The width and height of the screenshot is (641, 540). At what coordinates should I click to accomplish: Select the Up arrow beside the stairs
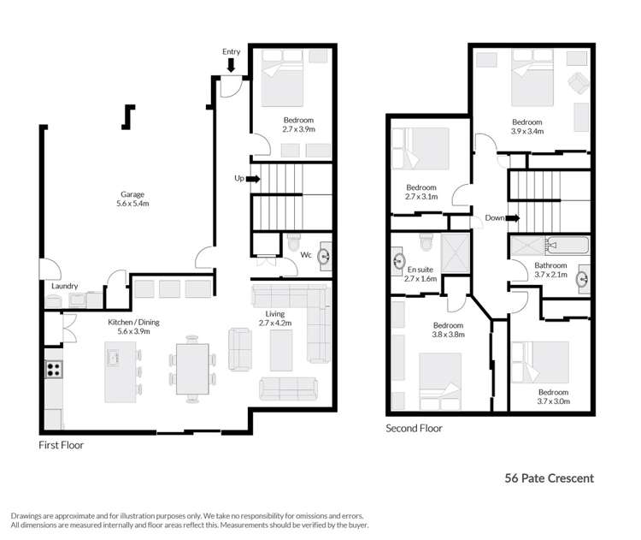point(252,179)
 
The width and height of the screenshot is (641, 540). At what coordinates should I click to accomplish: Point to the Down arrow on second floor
point(512,218)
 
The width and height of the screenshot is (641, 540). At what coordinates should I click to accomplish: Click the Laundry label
point(65,286)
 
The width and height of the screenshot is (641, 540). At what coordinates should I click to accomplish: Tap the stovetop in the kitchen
point(53,370)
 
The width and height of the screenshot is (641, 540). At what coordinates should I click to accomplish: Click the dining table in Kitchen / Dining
point(191,369)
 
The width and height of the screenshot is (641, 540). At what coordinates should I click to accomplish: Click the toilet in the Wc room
point(294,241)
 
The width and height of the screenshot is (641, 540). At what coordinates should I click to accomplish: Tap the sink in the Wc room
point(325,255)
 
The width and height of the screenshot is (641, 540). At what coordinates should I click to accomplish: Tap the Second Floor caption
point(414,428)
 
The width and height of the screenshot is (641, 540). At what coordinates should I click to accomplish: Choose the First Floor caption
point(62,445)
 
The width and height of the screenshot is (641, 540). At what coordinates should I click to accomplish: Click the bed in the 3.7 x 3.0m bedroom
point(542,363)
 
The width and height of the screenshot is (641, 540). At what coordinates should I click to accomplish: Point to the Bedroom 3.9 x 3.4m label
point(526,127)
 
